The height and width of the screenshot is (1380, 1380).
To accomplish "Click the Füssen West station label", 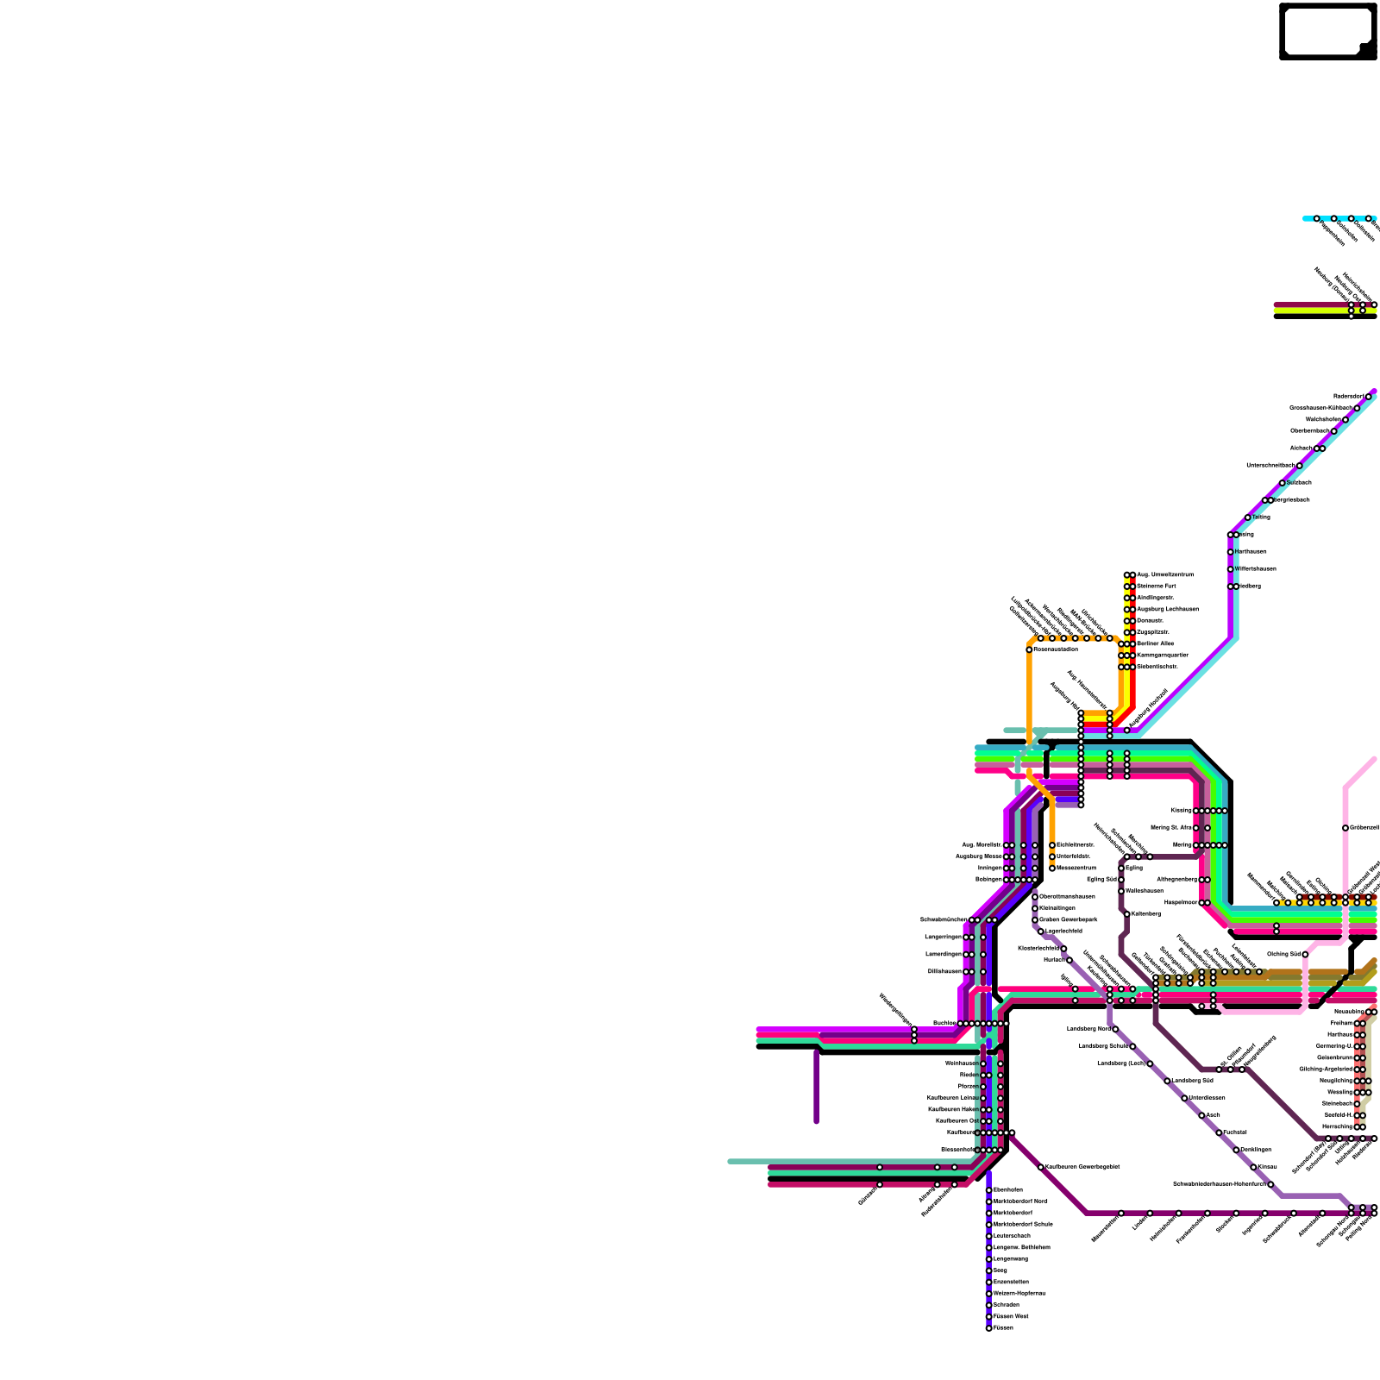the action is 1011,1316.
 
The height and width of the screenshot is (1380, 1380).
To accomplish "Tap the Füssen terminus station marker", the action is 989,1328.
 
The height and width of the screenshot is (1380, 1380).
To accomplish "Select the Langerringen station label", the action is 943,937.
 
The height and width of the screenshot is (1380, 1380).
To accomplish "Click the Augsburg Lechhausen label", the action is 1167,609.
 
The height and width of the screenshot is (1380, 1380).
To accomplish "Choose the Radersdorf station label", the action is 1349,396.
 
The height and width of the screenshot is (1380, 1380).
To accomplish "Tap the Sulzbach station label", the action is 1299,482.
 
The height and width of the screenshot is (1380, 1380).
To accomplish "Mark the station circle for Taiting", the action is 1248,517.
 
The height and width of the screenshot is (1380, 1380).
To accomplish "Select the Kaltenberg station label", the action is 1145,913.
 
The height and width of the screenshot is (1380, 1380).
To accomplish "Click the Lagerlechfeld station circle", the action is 1041,931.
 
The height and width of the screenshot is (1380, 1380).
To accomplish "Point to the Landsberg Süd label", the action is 1192,1080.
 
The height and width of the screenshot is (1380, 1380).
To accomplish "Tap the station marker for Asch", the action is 1202,1115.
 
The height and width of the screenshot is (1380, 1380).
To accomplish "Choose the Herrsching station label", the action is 1337,1126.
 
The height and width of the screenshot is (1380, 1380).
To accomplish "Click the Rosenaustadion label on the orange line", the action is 1056,649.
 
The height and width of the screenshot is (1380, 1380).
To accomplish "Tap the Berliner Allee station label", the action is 1155,643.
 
